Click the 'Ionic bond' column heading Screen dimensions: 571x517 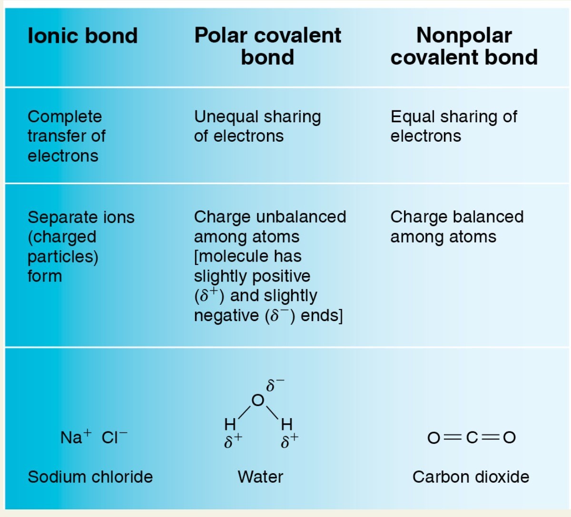(x=82, y=36)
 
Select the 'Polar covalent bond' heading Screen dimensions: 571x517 (x=267, y=46)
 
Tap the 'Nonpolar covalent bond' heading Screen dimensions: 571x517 (x=464, y=46)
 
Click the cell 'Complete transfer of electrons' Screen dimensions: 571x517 (x=66, y=136)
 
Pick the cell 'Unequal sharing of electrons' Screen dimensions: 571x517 (x=257, y=126)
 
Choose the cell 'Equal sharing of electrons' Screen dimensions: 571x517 (x=453, y=126)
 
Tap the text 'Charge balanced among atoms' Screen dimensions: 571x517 (x=456, y=226)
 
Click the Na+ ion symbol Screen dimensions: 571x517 (x=75, y=437)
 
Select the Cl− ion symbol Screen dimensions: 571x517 (x=114, y=437)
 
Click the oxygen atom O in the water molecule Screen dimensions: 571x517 (x=257, y=400)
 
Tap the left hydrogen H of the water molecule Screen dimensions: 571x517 (x=230, y=423)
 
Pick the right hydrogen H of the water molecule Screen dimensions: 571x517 (x=286, y=423)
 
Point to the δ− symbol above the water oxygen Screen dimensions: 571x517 (x=275, y=384)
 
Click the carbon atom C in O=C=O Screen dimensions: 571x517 (x=471, y=437)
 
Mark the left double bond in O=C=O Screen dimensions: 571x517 (x=452, y=437)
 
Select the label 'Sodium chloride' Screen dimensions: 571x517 (x=90, y=477)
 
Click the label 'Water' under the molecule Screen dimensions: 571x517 (x=260, y=477)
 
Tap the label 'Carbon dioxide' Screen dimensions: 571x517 (x=471, y=477)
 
